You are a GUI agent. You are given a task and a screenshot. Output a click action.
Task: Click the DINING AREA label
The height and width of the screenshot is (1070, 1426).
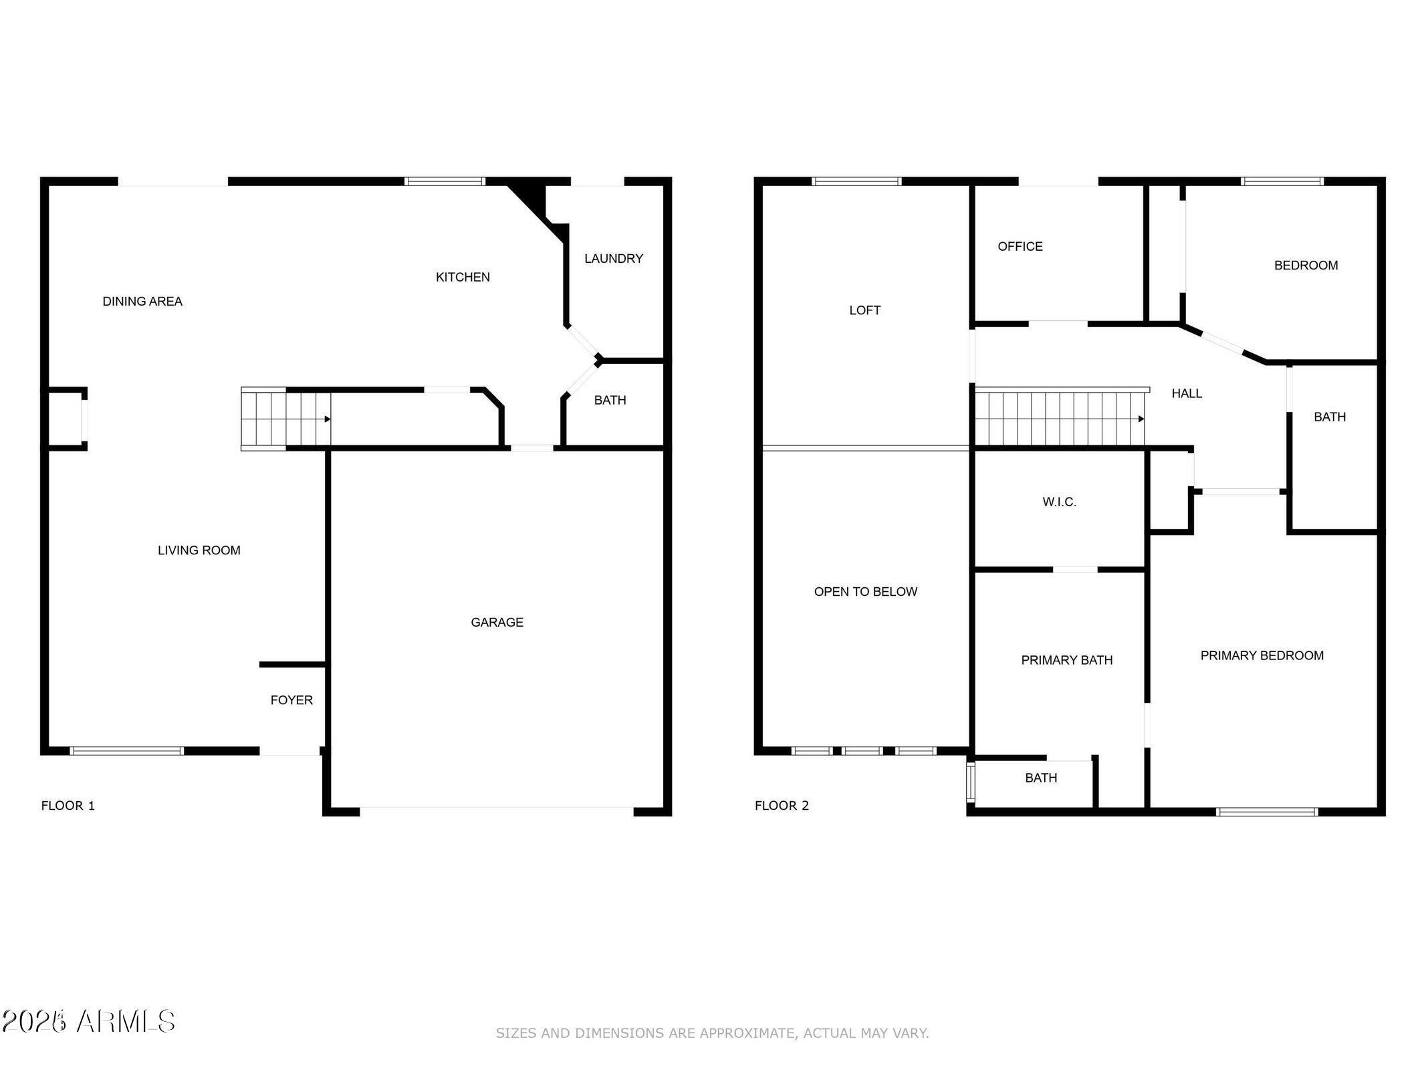click(142, 302)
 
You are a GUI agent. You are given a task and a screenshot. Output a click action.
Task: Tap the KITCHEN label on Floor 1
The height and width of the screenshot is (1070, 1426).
click(463, 277)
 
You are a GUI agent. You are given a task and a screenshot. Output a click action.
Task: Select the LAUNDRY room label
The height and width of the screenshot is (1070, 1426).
click(613, 258)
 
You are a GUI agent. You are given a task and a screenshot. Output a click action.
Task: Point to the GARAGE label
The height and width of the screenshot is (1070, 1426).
click(497, 622)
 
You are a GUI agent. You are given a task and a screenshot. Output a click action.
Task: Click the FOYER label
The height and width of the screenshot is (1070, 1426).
click(291, 700)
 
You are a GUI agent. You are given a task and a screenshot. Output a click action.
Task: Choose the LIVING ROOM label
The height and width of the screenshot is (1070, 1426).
click(199, 550)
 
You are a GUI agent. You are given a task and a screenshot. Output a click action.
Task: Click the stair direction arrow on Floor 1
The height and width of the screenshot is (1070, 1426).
click(327, 419)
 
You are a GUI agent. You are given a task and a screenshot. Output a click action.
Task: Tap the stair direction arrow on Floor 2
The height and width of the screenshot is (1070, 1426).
click(1141, 419)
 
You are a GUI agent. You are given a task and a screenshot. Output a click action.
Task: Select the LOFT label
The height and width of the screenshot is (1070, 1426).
click(864, 310)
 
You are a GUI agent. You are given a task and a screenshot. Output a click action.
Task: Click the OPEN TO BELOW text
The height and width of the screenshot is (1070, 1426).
click(865, 591)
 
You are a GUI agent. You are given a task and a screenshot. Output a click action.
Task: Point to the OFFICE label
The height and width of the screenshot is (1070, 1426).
click(1020, 246)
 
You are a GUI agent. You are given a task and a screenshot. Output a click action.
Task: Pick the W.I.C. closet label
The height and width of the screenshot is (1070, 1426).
click(1059, 502)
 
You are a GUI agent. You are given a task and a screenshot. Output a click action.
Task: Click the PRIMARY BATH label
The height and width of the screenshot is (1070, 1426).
click(1066, 660)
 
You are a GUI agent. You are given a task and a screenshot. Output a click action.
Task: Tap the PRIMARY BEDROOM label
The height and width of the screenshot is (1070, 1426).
click(1262, 655)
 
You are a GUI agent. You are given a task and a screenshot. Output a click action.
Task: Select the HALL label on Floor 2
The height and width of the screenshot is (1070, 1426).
click(1187, 393)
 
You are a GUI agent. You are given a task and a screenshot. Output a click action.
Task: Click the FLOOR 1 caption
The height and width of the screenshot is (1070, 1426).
click(68, 805)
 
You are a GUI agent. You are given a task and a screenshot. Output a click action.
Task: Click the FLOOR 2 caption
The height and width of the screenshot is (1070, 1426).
click(782, 805)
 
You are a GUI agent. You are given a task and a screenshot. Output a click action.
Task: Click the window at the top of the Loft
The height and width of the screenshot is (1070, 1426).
click(856, 181)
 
